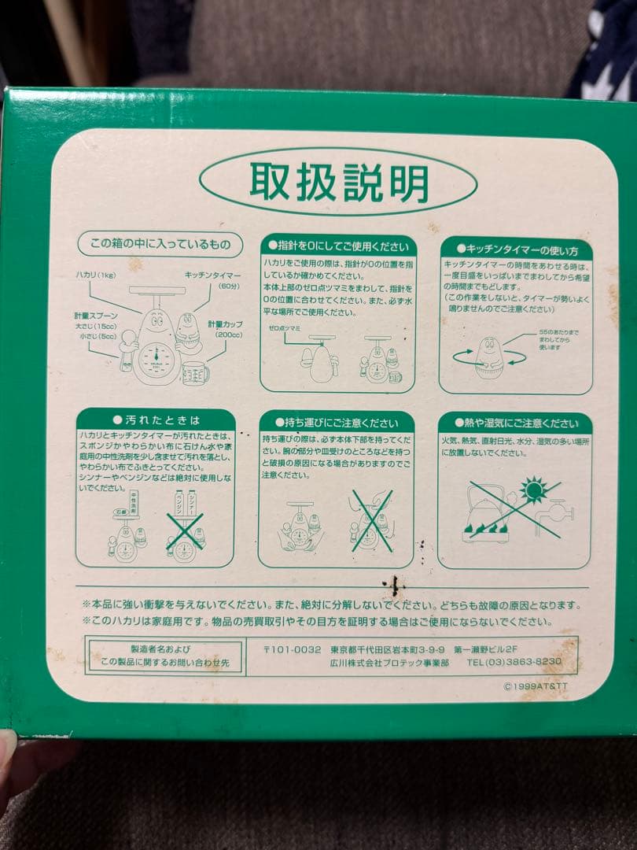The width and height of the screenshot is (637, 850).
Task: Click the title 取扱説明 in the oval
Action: (x=338, y=182)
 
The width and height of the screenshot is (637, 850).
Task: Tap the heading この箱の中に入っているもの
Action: (x=160, y=244)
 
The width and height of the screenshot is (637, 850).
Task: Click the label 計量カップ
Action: (x=225, y=323)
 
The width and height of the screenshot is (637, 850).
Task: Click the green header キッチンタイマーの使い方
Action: (x=516, y=250)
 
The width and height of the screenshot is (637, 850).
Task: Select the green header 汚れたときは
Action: (x=156, y=419)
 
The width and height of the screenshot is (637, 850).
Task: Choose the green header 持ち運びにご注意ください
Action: (x=337, y=423)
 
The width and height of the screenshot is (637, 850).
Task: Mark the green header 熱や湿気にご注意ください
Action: (x=516, y=423)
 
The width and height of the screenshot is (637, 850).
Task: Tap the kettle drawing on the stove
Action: (x=485, y=512)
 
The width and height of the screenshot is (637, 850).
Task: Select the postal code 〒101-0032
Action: (x=292, y=649)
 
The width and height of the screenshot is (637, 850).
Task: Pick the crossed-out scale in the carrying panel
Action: (x=370, y=520)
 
